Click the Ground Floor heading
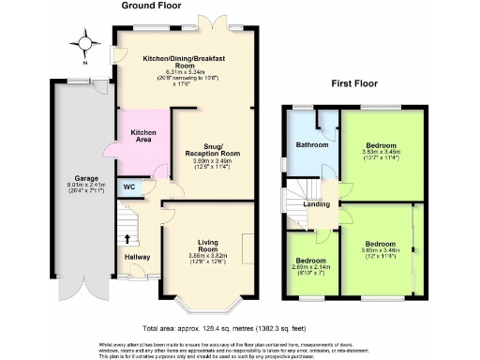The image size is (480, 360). click(x=150, y=6)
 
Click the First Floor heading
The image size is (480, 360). click(x=355, y=83)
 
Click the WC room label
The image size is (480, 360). click(x=128, y=187)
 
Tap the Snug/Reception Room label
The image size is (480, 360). click(x=211, y=148)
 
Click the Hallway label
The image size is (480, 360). click(x=137, y=256)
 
